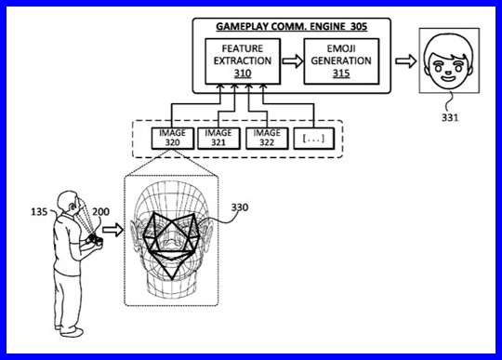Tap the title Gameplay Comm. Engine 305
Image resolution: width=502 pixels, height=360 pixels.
(x=291, y=27)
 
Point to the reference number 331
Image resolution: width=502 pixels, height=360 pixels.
(x=450, y=118)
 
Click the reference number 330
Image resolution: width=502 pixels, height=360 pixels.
(x=240, y=207)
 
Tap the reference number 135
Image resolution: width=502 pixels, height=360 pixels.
(x=39, y=212)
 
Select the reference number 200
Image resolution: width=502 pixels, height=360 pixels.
(x=100, y=212)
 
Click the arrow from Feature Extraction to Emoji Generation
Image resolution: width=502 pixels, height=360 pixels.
(x=292, y=60)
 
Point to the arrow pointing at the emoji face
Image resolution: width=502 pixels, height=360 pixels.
(x=405, y=60)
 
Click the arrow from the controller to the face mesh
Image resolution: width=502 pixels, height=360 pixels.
(x=112, y=230)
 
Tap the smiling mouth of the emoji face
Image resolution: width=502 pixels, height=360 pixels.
(x=448, y=78)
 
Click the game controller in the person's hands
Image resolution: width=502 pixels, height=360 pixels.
(x=95, y=240)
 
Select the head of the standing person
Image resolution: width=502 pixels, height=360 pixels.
(x=68, y=203)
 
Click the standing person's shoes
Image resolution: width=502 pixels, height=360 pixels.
(x=70, y=331)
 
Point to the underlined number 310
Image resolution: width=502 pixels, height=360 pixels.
(x=243, y=73)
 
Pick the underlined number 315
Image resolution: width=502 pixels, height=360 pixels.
(x=341, y=73)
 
